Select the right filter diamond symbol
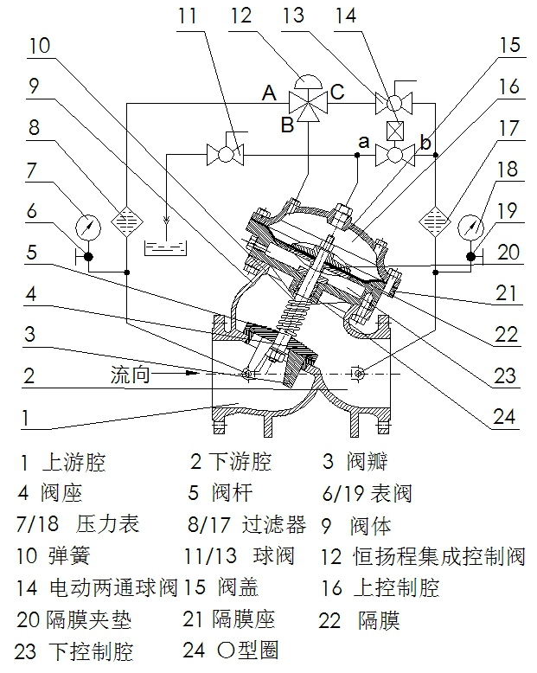pyautogui.click(x=434, y=220)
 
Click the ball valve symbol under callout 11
pyautogui.click(x=225, y=156)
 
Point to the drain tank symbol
pyautogui.click(x=165, y=247)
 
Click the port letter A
pyautogui.click(x=269, y=93)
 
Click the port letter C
pyautogui.click(x=337, y=91)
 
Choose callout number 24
pyautogui.click(x=506, y=417)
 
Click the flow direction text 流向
pyautogui.click(x=131, y=377)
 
